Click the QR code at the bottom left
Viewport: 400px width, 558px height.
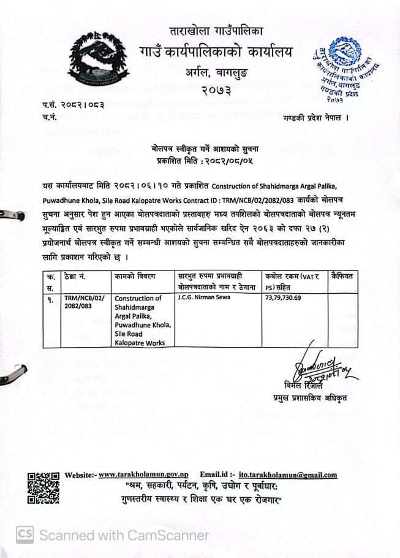pyautogui.click(x=43, y=488)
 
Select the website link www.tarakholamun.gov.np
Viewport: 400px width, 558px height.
pyautogui.click(x=143, y=475)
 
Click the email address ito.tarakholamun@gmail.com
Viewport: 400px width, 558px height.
pyautogui.click(x=288, y=475)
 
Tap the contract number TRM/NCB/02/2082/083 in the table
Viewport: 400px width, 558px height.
pyautogui.click(x=84, y=302)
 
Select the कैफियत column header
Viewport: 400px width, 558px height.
pyautogui.click(x=342, y=277)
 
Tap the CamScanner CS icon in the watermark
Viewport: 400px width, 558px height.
pyautogui.click(x=25, y=535)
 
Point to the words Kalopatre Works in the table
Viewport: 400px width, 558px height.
pyautogui.click(x=140, y=343)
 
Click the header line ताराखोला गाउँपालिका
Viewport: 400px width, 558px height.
pyautogui.click(x=216, y=31)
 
